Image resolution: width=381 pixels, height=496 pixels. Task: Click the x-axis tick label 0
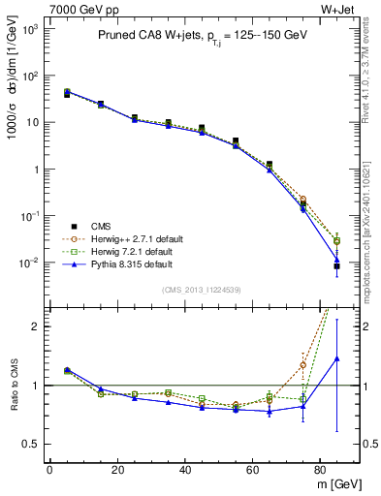pyautogui.click(x=49, y=470)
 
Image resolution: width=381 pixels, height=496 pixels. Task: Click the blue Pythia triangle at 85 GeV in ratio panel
pyautogui.click(x=336, y=358)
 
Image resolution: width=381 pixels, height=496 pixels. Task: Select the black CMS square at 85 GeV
pyautogui.click(x=336, y=266)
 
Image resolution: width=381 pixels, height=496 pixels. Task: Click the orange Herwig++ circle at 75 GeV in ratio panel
pyautogui.click(x=302, y=365)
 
